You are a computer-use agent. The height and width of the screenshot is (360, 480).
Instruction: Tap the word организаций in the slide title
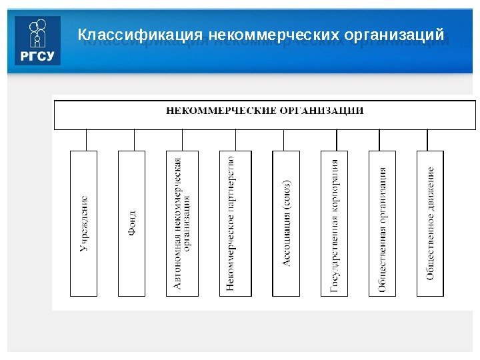click(x=393, y=33)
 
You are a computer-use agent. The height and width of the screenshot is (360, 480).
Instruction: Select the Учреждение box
click(x=83, y=223)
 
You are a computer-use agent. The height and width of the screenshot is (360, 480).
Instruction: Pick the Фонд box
click(x=131, y=223)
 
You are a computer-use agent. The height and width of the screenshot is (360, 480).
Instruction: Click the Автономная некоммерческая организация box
click(x=182, y=223)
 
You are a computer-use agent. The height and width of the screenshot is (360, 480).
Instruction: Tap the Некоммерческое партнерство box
click(x=235, y=223)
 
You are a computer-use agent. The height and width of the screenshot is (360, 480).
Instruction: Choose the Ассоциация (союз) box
click(x=286, y=223)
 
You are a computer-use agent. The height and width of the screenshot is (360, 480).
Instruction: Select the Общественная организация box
click(x=382, y=223)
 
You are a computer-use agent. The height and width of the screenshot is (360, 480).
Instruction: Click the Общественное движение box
click(x=430, y=223)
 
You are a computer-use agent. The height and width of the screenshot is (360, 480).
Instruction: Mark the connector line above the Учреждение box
click(x=86, y=140)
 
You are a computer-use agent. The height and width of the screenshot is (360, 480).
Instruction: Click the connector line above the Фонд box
click(x=134, y=140)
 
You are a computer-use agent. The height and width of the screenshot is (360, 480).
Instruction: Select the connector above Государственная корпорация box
click(x=337, y=140)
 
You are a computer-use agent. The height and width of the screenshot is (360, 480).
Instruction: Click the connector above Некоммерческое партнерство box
click(x=235, y=140)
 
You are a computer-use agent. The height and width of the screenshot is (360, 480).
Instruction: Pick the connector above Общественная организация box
click(x=379, y=140)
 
